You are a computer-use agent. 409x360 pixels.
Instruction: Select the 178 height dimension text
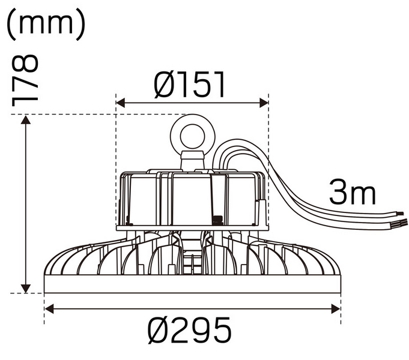click(x=25, y=80)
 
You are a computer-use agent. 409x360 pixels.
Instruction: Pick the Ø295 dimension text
click(x=192, y=331)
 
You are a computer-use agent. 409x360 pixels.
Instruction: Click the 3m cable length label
click(x=353, y=193)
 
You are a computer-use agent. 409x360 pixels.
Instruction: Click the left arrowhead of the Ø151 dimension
click(x=120, y=103)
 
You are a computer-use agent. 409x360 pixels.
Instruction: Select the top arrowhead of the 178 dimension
click(x=25, y=120)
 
